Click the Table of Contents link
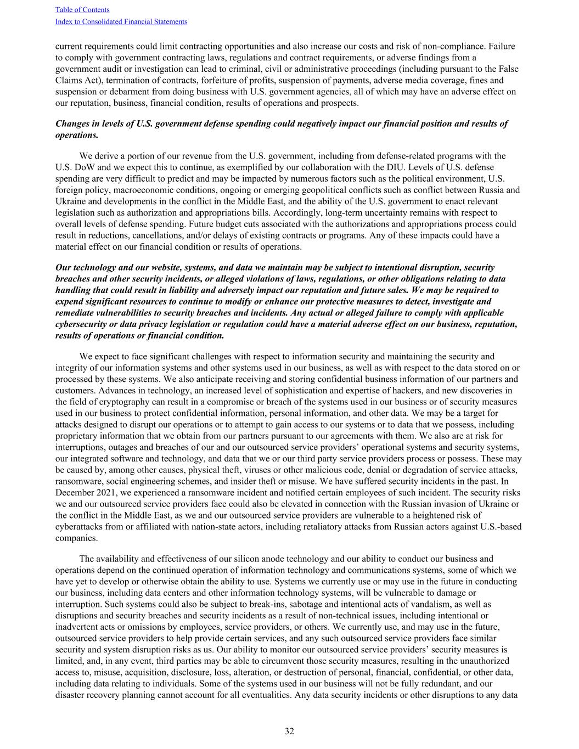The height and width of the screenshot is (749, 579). tap(82, 10)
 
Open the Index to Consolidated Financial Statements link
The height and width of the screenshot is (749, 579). tap(121, 22)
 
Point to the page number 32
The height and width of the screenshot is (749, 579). tap(289, 731)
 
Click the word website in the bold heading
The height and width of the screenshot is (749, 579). tap(161, 268)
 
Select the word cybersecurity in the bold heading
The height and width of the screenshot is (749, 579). tap(82, 324)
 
